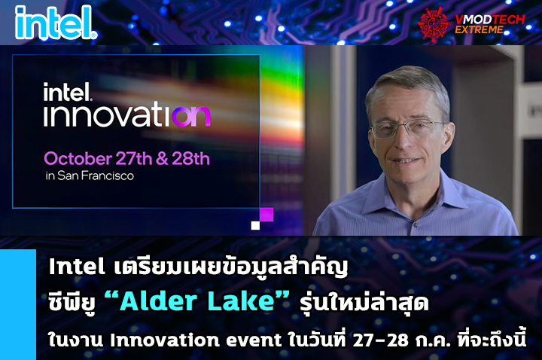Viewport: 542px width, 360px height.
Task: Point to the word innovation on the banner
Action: tap(126, 115)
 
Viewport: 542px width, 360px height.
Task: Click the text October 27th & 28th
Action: tap(126, 159)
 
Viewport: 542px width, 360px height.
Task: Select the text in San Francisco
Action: tap(89, 177)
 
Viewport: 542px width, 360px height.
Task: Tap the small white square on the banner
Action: tap(255, 224)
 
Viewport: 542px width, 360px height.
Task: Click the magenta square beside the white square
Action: tap(266, 215)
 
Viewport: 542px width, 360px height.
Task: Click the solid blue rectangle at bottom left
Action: tap(18, 304)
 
